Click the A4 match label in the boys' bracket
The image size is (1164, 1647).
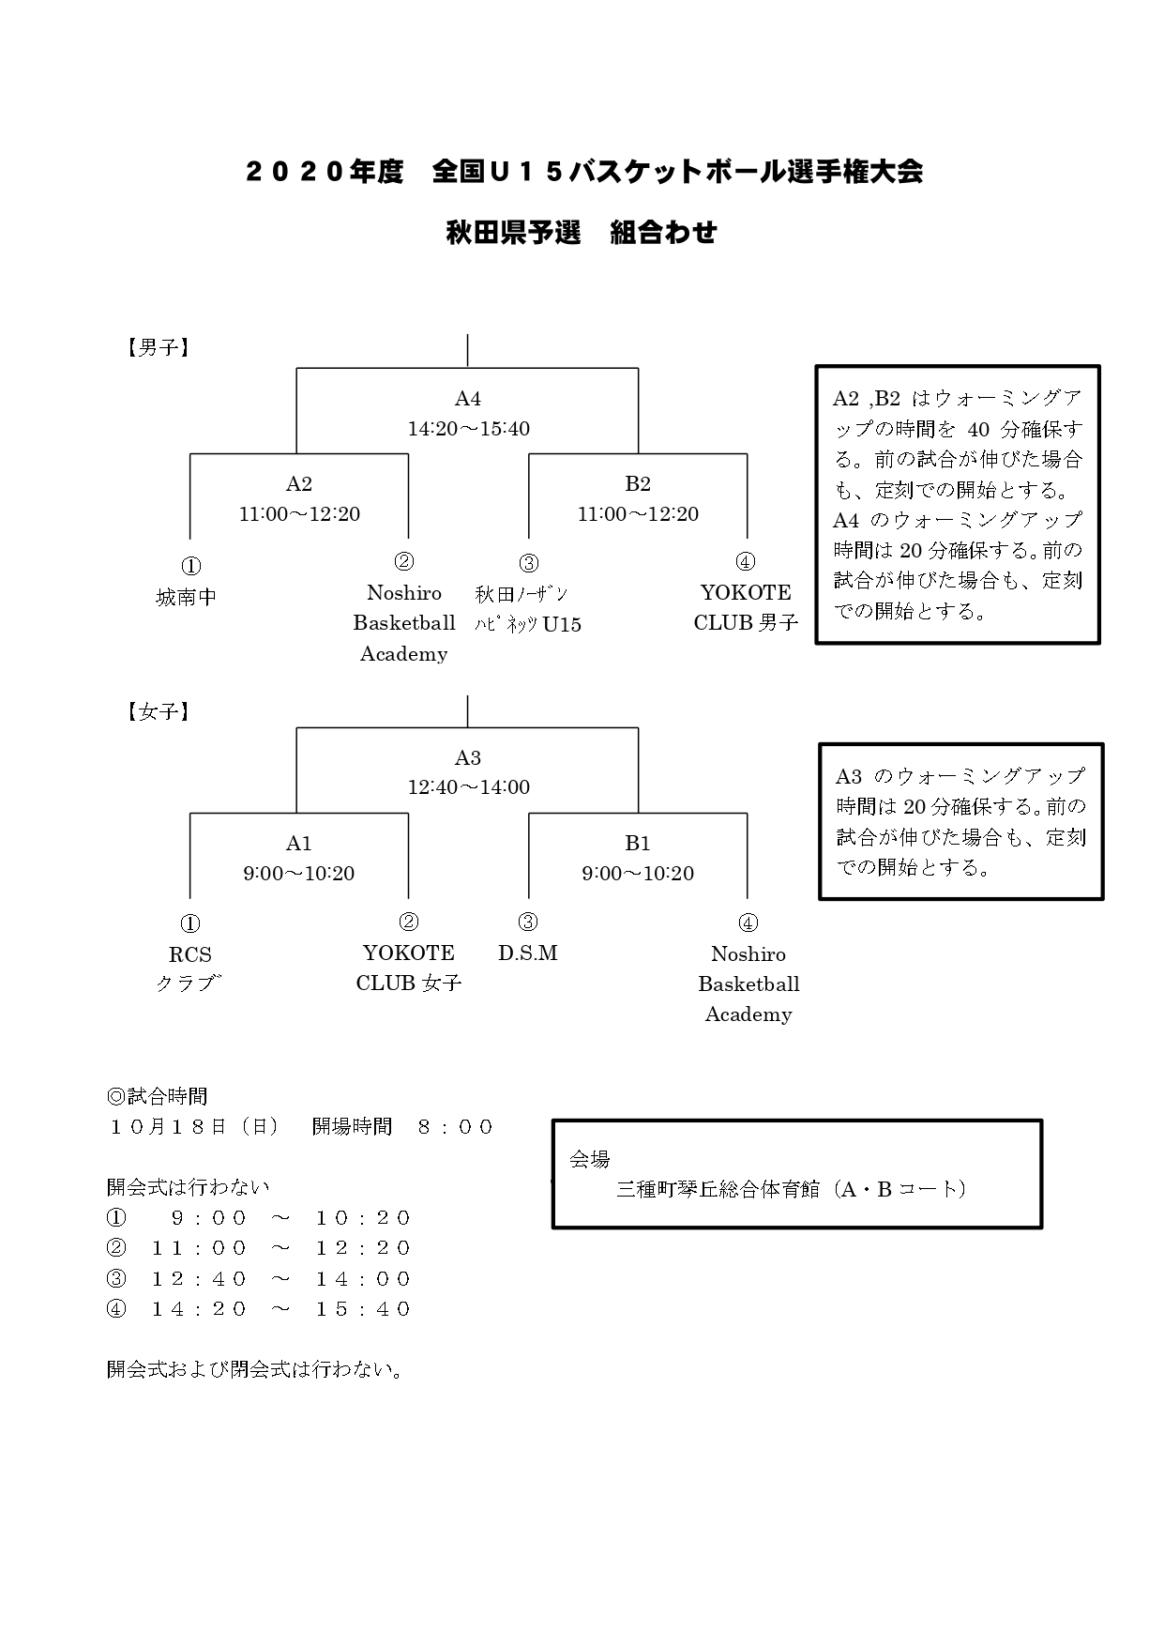467,399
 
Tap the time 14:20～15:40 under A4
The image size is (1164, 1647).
468,429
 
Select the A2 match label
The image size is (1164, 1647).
298,483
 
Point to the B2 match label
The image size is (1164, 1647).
637,483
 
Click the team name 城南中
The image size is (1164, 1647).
186,597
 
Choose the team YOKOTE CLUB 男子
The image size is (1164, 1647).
746,607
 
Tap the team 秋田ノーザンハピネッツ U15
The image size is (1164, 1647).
527,608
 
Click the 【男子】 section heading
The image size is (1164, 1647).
158,348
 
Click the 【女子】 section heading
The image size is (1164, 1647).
158,711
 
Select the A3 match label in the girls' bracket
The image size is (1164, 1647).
467,757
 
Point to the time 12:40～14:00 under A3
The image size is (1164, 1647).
468,787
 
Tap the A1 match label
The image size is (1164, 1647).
298,843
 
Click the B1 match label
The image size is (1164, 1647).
637,843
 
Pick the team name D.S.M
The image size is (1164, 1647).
527,953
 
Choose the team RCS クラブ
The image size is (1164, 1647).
189,968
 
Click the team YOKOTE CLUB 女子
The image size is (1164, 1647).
408,968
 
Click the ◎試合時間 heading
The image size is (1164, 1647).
157,1096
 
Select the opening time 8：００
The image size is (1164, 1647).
455,1126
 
